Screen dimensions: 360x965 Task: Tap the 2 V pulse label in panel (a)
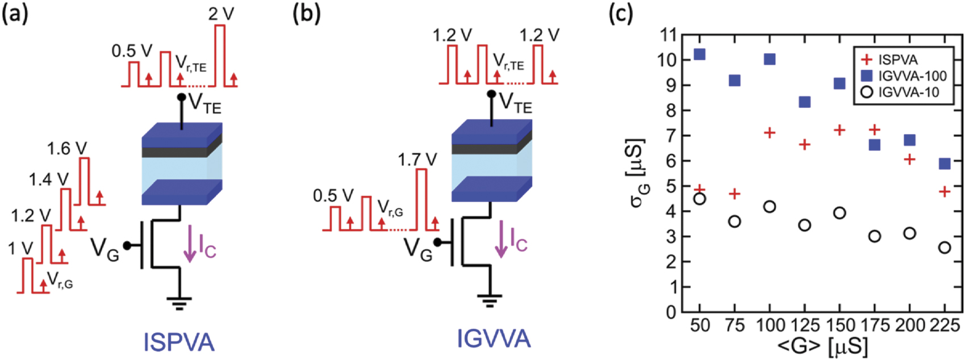pyautogui.click(x=221, y=14)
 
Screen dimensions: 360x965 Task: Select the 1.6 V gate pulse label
pyautogui.click(x=67, y=149)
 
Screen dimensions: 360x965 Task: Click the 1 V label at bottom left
pyautogui.click(x=20, y=248)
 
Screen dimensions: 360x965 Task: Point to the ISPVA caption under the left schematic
pyautogui.click(x=179, y=342)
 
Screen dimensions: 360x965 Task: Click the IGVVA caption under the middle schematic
pyautogui.click(x=494, y=339)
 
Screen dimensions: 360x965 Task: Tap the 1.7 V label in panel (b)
pyautogui.click(x=417, y=160)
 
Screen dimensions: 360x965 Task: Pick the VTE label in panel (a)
pyautogui.click(x=205, y=104)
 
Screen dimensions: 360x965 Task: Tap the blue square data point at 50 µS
pyautogui.click(x=700, y=55)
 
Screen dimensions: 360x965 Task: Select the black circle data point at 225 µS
pyautogui.click(x=945, y=248)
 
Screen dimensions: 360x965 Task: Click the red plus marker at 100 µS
pyautogui.click(x=770, y=133)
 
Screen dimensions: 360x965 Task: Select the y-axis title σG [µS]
pyautogui.click(x=639, y=173)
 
